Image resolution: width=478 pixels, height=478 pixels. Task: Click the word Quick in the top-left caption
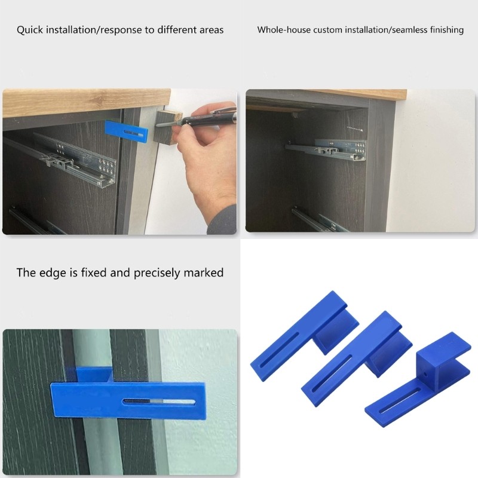coord(30,29)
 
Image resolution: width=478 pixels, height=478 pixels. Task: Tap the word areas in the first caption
coord(208,29)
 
